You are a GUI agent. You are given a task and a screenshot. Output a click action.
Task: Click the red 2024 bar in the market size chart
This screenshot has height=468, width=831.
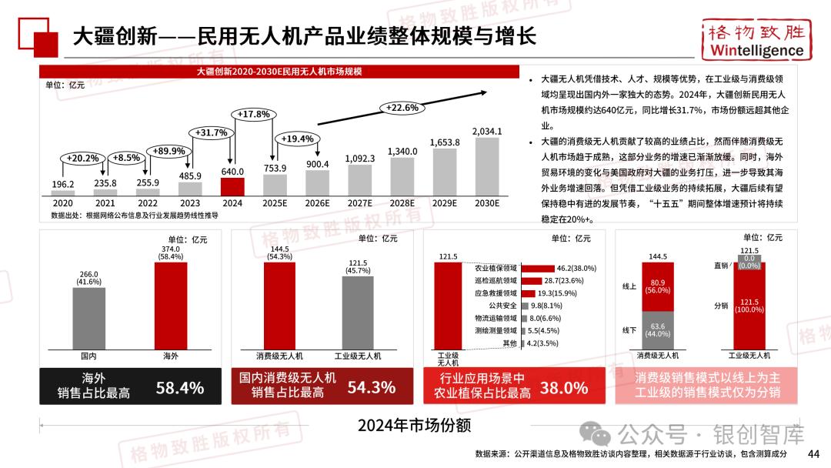click(x=232, y=187)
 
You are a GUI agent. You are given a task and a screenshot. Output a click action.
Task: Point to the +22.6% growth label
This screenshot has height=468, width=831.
click(x=402, y=108)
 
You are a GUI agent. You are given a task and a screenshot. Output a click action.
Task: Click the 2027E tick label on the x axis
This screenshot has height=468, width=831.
click(x=359, y=203)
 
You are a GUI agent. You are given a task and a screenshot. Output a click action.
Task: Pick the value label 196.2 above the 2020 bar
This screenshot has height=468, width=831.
click(x=63, y=184)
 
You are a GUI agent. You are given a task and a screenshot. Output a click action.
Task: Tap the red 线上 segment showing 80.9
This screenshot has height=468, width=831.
click(x=658, y=287)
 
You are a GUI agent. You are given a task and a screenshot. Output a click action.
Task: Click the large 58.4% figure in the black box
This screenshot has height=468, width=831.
click(x=180, y=387)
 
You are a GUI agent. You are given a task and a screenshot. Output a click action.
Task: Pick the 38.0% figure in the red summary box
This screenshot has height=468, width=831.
click(x=563, y=387)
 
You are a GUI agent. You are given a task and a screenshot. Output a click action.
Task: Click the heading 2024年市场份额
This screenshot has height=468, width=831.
click(x=415, y=426)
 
